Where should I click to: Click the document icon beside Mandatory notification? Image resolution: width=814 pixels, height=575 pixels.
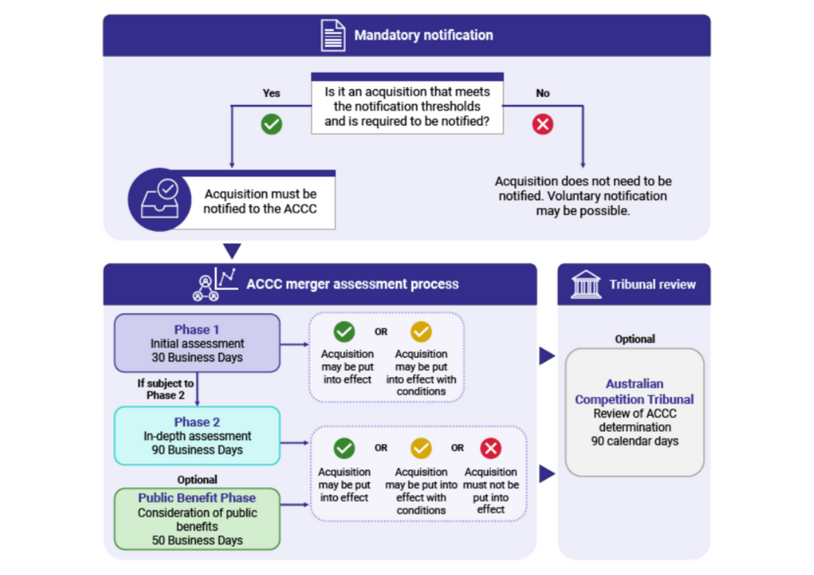pyautogui.click(x=333, y=35)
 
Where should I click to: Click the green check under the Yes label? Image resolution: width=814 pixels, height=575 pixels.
pyautogui.click(x=271, y=124)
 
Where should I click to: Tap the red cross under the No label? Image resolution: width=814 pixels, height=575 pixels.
pyautogui.click(x=542, y=124)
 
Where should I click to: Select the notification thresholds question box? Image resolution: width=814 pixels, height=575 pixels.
pyautogui.click(x=407, y=106)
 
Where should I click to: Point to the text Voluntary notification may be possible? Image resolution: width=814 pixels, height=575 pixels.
pyautogui.click(x=583, y=203)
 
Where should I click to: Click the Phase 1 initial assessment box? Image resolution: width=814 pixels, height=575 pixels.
pyautogui.click(x=197, y=343)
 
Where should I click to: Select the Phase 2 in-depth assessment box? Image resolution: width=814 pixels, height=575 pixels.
pyautogui.click(x=197, y=435)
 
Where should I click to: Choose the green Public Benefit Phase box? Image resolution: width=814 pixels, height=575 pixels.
pyautogui.click(x=197, y=519)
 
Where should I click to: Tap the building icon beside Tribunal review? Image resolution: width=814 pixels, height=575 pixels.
pyautogui.click(x=585, y=284)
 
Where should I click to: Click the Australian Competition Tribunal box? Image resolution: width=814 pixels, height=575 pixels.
pyautogui.click(x=634, y=412)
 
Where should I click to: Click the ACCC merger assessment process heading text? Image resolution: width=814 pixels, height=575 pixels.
pyautogui.click(x=352, y=284)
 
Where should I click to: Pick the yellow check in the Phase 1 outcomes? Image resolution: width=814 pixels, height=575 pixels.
pyautogui.click(x=420, y=332)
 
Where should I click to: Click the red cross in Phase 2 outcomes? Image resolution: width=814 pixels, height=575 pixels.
pyautogui.click(x=491, y=448)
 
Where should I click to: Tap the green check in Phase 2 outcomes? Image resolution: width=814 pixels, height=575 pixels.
pyautogui.click(x=344, y=448)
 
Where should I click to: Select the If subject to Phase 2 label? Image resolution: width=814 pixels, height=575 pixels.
pyautogui.click(x=166, y=389)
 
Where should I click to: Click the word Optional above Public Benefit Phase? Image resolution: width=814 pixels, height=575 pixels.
pyautogui.click(x=197, y=480)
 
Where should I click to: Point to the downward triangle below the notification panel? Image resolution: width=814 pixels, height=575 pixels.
pyautogui.click(x=232, y=252)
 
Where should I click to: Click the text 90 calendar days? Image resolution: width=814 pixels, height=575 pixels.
pyautogui.click(x=635, y=441)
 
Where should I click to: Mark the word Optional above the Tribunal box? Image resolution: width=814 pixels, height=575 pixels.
pyautogui.click(x=635, y=338)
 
